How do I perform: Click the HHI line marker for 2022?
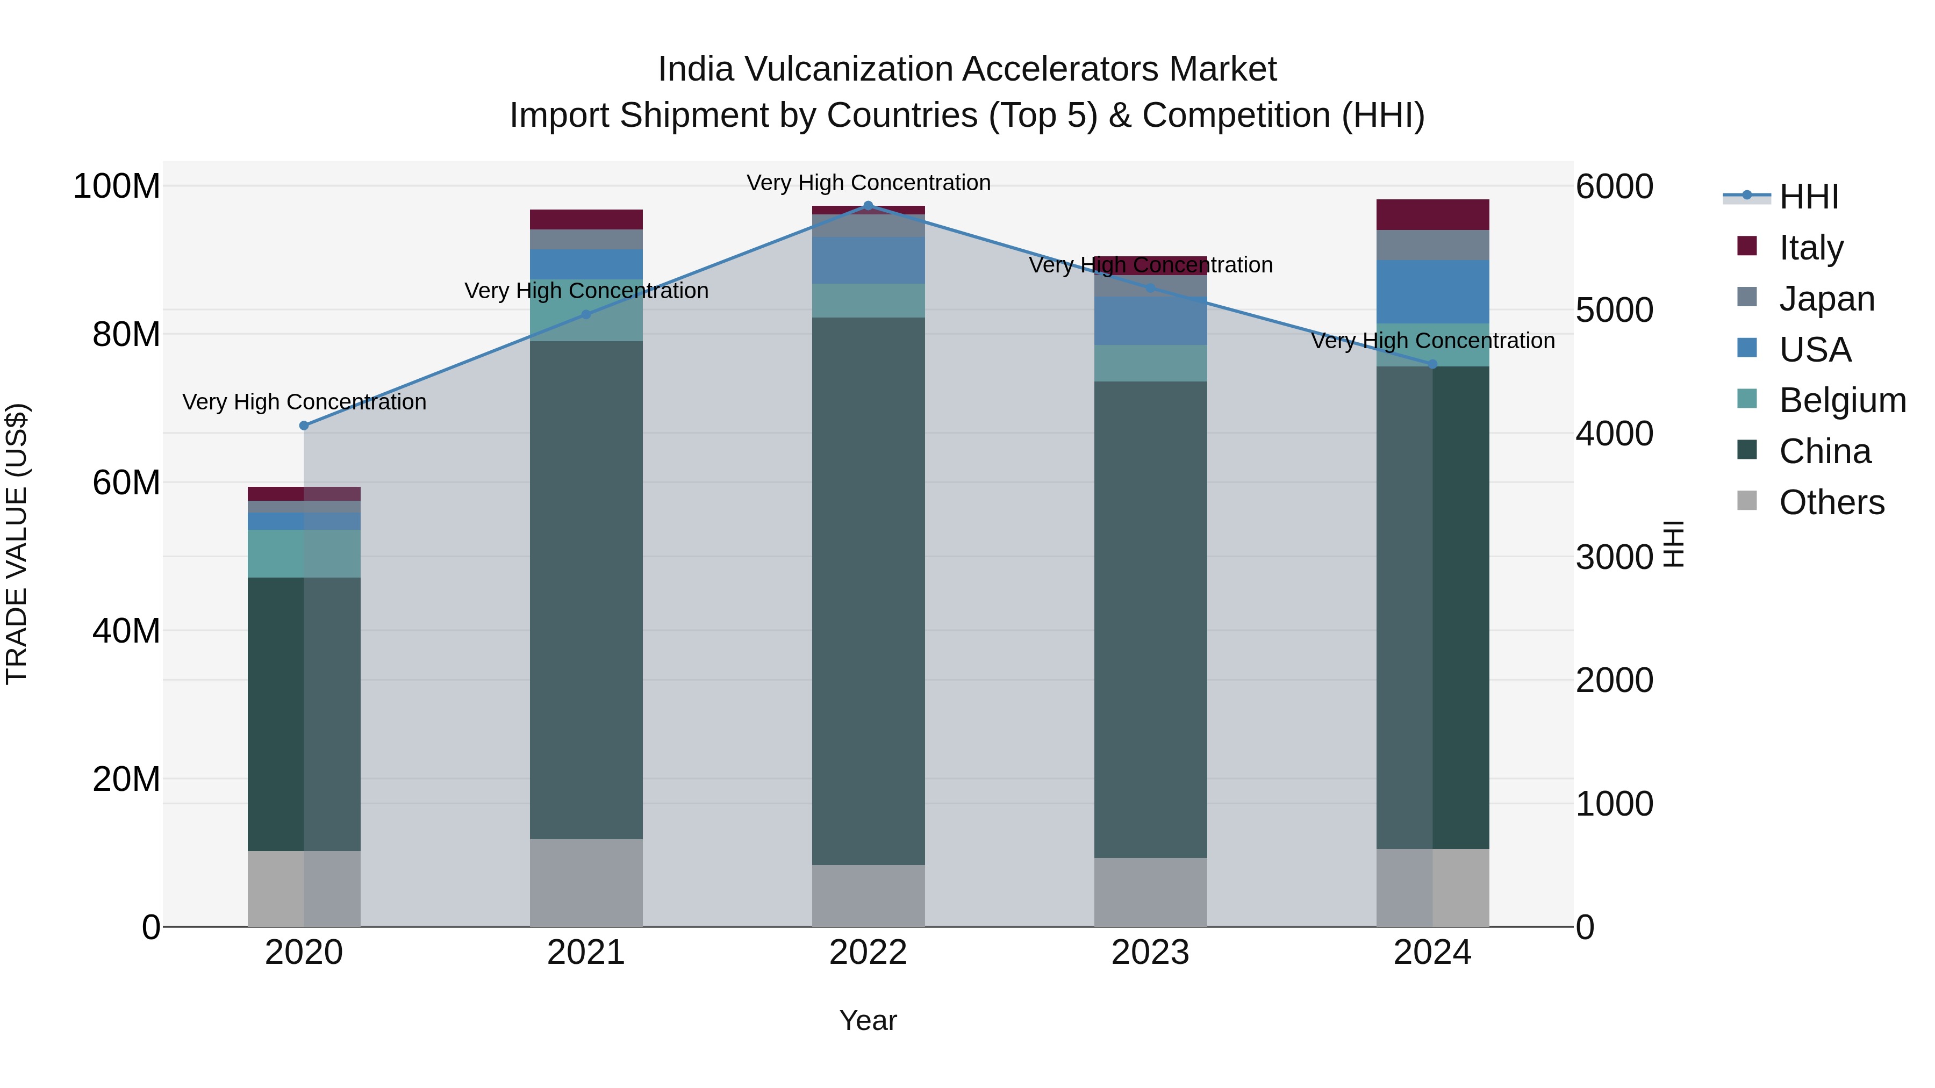tap(869, 205)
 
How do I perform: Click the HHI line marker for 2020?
tap(304, 426)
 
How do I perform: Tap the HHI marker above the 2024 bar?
tap(1432, 364)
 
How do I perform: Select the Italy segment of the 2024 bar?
tap(1432, 215)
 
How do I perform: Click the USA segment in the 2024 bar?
tap(1432, 291)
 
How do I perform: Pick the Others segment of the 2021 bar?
tap(586, 882)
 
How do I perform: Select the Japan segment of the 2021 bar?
tap(586, 240)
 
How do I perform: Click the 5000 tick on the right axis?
tap(1614, 309)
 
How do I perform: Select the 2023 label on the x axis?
tap(1150, 953)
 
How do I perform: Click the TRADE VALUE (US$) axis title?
tap(17, 544)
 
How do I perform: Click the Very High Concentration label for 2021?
tap(586, 291)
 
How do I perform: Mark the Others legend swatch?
tap(1747, 501)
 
